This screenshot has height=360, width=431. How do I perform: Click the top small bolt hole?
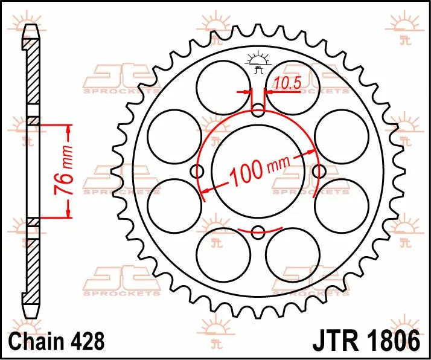coord(258,111)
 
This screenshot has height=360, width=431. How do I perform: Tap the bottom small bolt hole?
coord(258,231)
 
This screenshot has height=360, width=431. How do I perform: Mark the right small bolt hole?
coord(319,171)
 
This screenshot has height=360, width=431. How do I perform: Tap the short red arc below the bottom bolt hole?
coord(258,229)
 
